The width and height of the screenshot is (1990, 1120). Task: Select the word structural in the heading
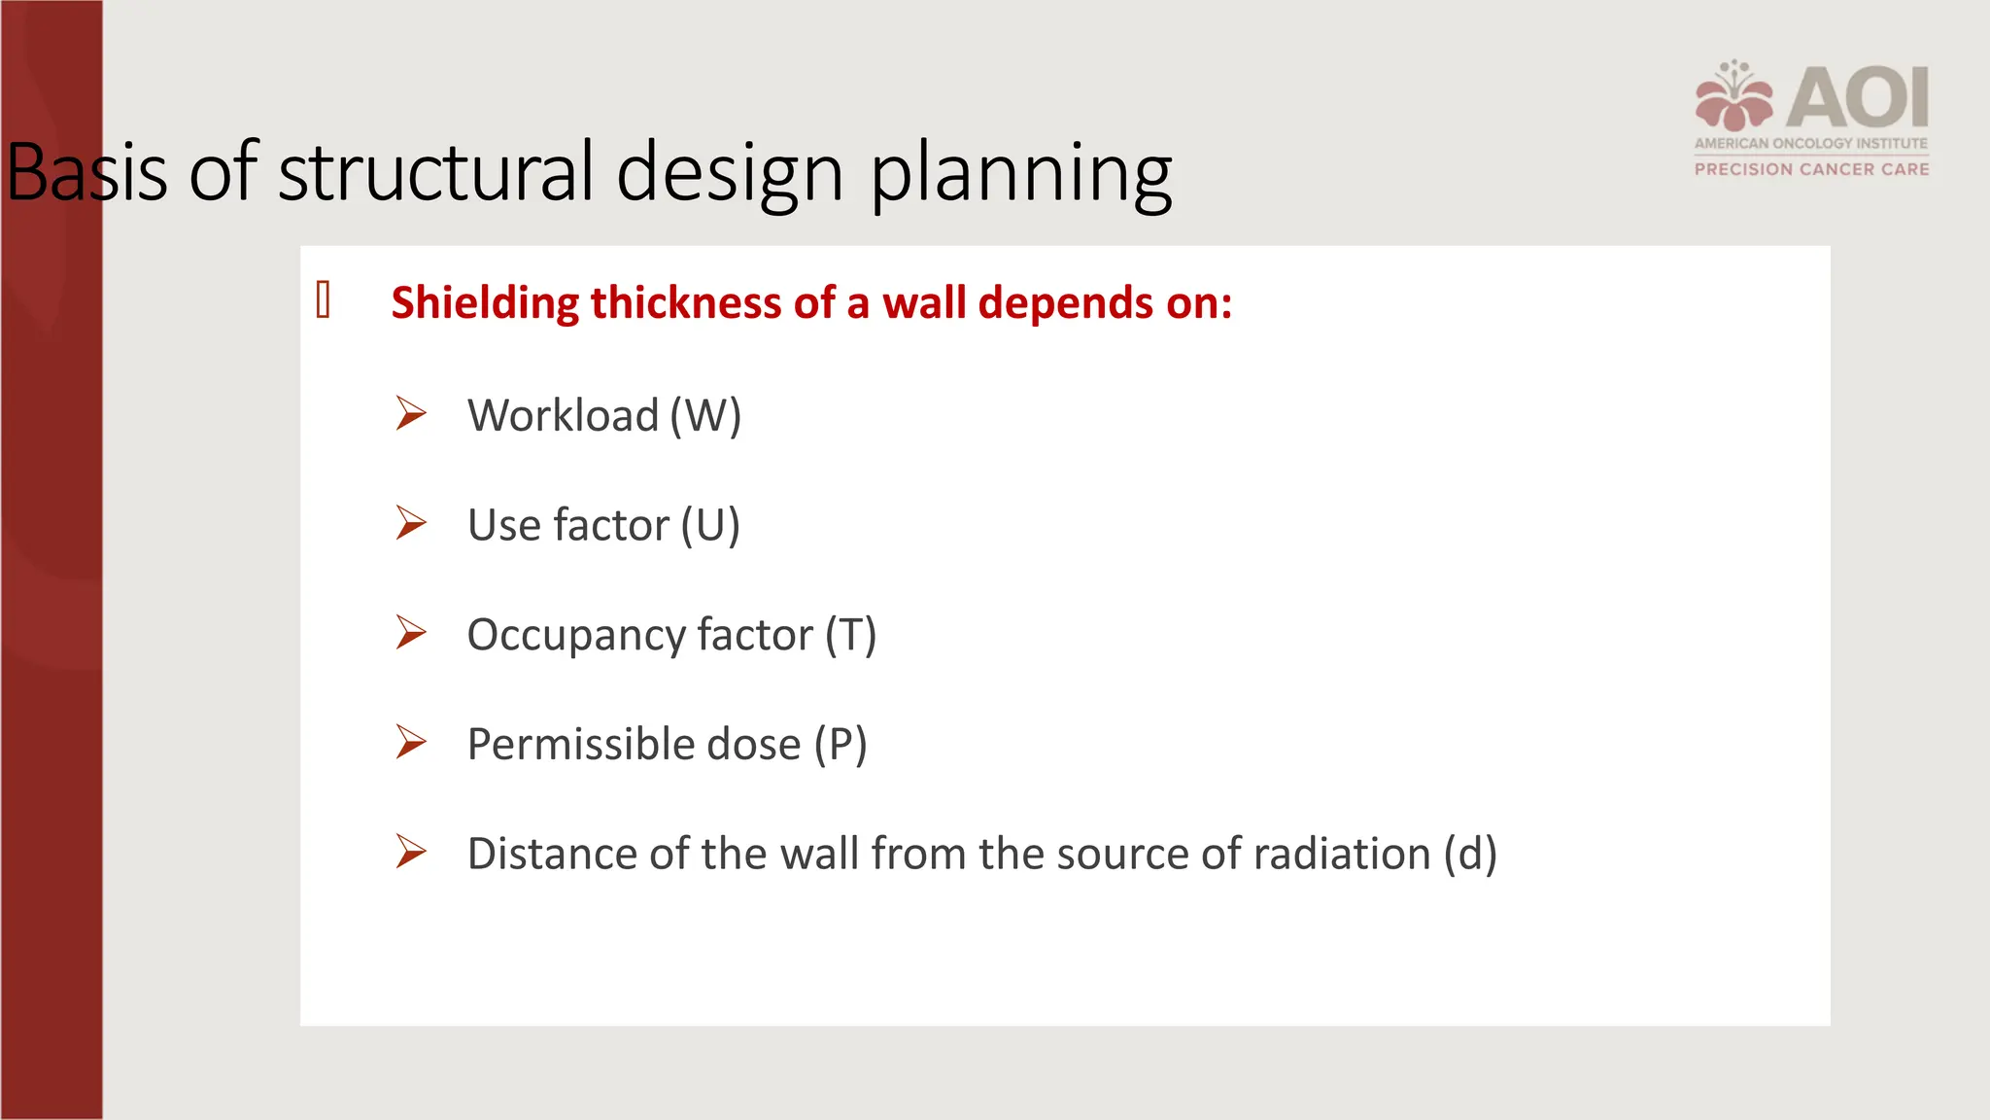pos(435,172)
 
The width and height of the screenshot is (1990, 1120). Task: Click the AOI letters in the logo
pos(1857,97)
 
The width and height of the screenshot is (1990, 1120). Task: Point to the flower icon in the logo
pos(1734,97)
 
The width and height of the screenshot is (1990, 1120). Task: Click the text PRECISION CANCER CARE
pos(1811,169)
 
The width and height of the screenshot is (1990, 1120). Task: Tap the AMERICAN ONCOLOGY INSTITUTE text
pos(1811,143)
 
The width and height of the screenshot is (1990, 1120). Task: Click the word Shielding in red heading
pos(485,302)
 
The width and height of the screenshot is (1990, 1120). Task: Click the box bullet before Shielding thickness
pos(324,299)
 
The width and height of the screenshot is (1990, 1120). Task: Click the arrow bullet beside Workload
pos(411,414)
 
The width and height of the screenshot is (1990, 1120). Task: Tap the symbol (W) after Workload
pos(705,416)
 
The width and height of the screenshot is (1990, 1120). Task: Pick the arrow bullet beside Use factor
pos(411,523)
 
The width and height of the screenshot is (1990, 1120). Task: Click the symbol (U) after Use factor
pos(709,526)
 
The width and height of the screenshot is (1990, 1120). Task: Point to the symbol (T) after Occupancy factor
pos(850,635)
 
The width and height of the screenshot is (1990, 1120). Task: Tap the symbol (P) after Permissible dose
pos(841,745)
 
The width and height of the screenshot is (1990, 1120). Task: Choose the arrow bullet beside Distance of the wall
pos(411,852)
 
